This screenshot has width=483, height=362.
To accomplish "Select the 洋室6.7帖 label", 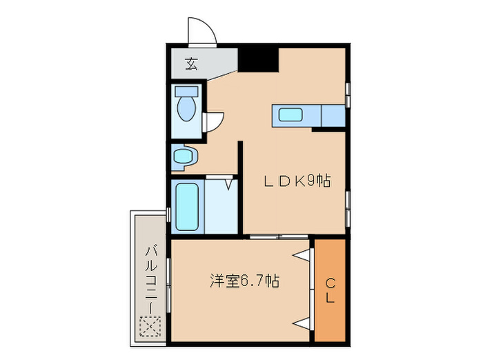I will pyautogui.click(x=244, y=281).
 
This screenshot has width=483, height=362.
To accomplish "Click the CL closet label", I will pyautogui.click(x=331, y=290).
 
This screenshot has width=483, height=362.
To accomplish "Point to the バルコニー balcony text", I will pyautogui.click(x=150, y=276).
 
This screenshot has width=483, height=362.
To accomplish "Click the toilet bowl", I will pyautogui.click(x=186, y=108).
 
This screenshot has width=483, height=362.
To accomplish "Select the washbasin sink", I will pyautogui.click(x=184, y=157).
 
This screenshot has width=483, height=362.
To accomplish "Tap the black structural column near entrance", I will pyautogui.click(x=259, y=59).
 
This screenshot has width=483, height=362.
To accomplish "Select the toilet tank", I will pyautogui.click(x=186, y=91).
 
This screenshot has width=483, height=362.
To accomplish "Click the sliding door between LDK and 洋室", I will pyautogui.click(x=279, y=237).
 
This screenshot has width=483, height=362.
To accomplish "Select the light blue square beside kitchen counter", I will pyautogui.click(x=333, y=116).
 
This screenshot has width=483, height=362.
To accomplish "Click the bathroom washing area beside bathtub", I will pyautogui.click(x=221, y=207).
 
